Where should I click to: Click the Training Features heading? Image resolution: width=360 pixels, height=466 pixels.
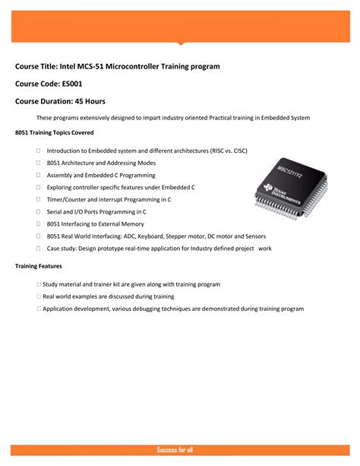pos(38,266)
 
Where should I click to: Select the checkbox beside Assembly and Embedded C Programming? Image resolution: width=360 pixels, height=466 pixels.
pos(38,175)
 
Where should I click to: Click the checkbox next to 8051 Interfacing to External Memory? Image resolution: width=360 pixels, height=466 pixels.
pos(38,223)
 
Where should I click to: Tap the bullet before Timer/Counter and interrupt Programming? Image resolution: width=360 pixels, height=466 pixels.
pos(38,199)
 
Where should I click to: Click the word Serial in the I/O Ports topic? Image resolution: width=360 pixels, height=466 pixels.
pos(55,211)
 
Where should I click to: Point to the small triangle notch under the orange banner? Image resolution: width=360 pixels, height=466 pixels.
pos(180,43)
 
